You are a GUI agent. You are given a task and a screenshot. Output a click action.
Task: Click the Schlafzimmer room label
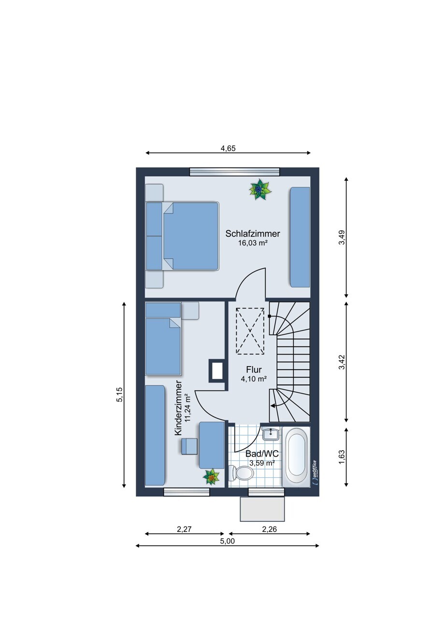coord(253,233)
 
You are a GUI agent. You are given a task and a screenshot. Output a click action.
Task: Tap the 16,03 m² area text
coord(252,243)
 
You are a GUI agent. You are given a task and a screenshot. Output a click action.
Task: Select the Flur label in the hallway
coord(254,369)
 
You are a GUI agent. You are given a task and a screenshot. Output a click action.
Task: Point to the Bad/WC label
coord(262,454)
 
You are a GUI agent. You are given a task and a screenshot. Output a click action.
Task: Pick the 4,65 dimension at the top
coord(228,148)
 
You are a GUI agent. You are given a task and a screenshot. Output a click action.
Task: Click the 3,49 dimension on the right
coord(342,237)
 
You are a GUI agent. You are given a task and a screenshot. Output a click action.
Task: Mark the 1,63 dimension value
coord(342,457)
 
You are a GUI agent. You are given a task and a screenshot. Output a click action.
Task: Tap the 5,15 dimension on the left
coord(119,395)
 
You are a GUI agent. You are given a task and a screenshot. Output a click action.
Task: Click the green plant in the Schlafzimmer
coord(260,190)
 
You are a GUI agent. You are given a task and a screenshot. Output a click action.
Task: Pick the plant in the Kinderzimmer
coord(211,476)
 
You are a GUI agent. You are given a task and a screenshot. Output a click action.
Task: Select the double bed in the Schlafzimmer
coord(182,236)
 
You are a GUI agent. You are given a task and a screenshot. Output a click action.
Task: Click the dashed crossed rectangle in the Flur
coord(250,331)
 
